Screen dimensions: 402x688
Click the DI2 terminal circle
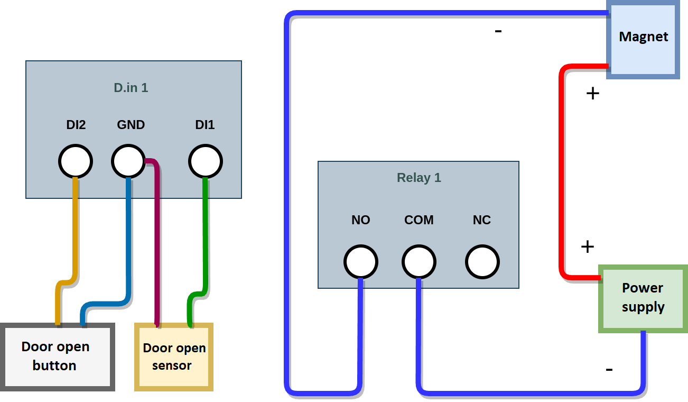76,161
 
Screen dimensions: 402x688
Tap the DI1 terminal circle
206,161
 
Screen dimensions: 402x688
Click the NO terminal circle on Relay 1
361,262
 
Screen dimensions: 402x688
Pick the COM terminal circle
419,262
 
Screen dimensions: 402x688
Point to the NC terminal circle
482,262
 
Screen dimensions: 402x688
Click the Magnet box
643,40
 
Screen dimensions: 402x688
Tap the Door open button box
57,357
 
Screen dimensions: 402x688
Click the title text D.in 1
131,88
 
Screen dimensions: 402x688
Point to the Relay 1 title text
419,178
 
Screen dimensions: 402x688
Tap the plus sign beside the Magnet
593,94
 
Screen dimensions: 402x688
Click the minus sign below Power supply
609,369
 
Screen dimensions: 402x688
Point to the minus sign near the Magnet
498,31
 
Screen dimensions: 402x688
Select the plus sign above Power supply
587,246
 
